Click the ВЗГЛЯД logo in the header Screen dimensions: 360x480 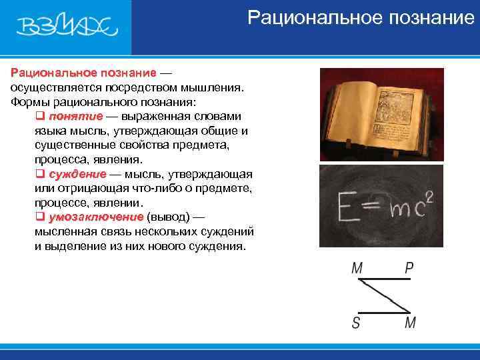[x=67, y=27]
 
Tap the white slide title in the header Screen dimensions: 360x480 [x=360, y=17]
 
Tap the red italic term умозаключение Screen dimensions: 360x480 [x=96, y=217]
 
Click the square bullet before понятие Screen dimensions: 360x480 [x=39, y=116]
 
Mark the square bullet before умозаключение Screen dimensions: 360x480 [x=39, y=217]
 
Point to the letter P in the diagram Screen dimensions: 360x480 [x=409, y=268]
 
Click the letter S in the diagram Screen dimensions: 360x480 [x=357, y=323]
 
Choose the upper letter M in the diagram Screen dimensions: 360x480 [x=357, y=268]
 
